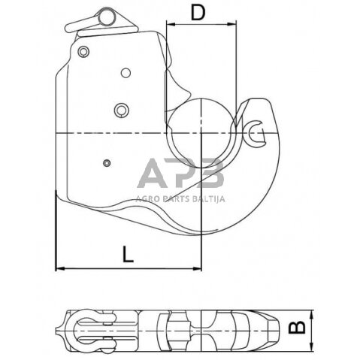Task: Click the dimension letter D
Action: tap(198, 13)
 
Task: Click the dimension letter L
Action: tap(130, 253)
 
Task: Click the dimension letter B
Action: tap(297, 327)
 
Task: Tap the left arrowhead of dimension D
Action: tap(169, 23)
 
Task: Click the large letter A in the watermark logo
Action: tap(154, 176)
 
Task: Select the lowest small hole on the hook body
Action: tap(107, 163)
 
